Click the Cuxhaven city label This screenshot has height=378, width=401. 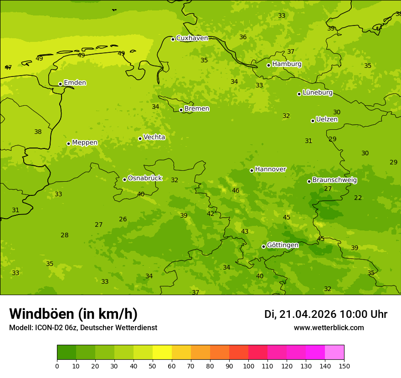click(x=192, y=38)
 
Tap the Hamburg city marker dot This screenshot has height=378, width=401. click(x=269, y=65)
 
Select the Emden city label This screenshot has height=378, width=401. click(x=75, y=83)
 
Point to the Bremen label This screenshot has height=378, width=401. click(x=197, y=109)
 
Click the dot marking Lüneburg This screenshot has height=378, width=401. click(x=299, y=94)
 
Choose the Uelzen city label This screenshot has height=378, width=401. click(x=327, y=120)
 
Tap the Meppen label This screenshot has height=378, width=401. click(x=85, y=143)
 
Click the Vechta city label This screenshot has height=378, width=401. click(x=154, y=137)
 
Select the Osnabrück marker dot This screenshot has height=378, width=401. click(x=124, y=179)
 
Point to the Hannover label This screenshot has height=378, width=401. click(x=270, y=169)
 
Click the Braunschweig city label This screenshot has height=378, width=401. click(x=334, y=180)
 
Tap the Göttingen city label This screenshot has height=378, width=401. click(x=283, y=245)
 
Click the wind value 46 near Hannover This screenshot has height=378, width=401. click(x=236, y=191)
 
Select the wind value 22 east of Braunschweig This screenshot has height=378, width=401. click(x=358, y=198)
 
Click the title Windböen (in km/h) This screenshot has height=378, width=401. click(x=73, y=314)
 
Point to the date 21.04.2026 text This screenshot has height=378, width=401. click(x=308, y=314)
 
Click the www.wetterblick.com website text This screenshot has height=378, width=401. click(x=329, y=328)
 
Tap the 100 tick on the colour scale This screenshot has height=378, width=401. click(x=248, y=366)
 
